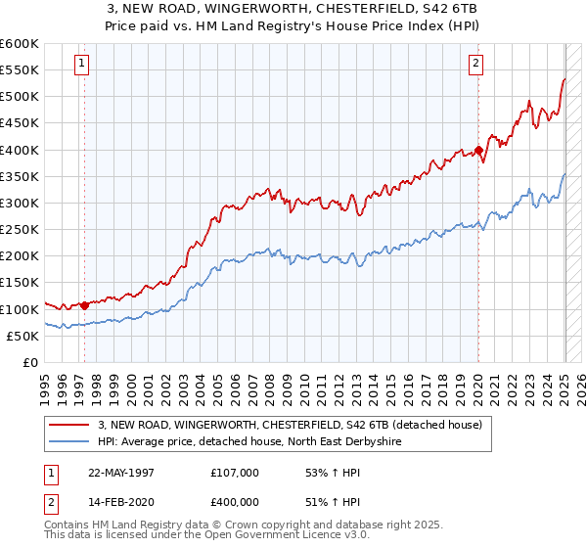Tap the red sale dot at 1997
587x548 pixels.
pyautogui.click(x=85, y=305)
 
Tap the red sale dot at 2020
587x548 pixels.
pyautogui.click(x=478, y=150)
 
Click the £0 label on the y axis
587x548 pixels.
pyautogui.click(x=29, y=362)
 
